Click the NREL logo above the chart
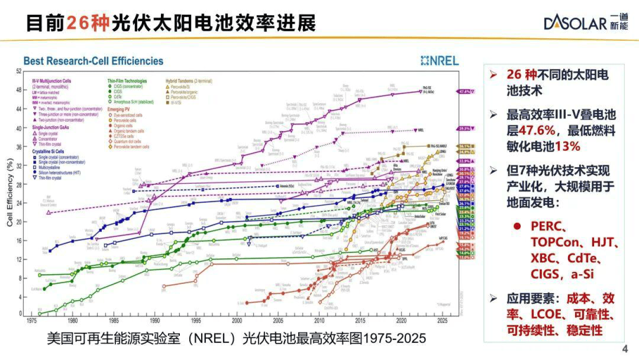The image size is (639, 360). tap(440, 61)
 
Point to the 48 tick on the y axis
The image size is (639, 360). tap(19, 90)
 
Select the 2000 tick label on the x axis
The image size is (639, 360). tap(237, 321)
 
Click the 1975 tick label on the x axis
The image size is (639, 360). tap(31, 321)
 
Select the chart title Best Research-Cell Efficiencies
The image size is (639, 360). tap(93, 61)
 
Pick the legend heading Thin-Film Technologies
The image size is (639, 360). tap(127, 81)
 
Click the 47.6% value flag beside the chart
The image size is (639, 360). tap(465, 91)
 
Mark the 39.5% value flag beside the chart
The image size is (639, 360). tap(465, 128)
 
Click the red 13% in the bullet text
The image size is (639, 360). tap(568, 146)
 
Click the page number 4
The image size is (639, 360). tap(625, 350)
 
